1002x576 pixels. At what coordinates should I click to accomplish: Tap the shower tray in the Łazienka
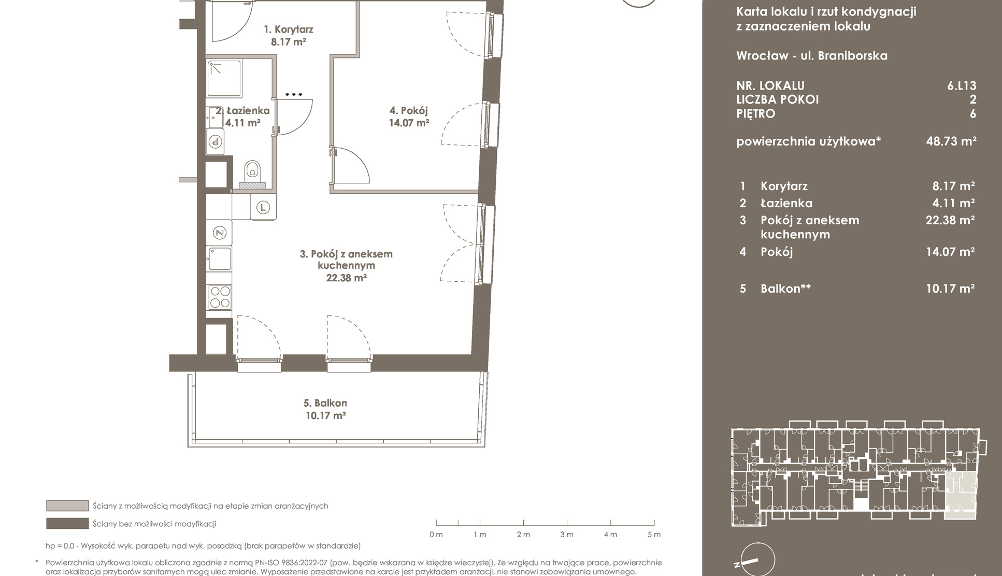point(224,79)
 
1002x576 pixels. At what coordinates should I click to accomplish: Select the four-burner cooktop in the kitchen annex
point(219,297)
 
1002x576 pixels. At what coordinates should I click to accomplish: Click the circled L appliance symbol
point(263,208)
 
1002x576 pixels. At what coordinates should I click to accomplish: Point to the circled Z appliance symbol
point(220,233)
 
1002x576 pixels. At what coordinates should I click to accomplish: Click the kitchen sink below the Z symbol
point(219,258)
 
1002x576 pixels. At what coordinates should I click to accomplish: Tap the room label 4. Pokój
point(409,110)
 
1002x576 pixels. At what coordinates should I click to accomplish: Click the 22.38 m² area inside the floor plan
point(346,278)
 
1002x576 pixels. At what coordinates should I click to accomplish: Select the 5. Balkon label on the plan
point(325,403)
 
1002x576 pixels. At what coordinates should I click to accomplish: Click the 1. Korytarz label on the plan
point(289,30)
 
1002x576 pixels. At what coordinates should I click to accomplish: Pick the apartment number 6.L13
point(962,85)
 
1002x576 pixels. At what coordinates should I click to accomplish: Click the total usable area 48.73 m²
point(951,141)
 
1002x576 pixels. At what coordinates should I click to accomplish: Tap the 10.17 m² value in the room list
point(950,289)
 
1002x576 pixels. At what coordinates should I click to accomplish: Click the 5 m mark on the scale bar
point(654,523)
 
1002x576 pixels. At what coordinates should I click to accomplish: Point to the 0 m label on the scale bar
point(436,535)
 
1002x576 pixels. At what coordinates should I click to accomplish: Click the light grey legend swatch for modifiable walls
point(67,506)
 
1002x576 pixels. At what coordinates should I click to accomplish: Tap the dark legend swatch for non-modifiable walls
point(67,524)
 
